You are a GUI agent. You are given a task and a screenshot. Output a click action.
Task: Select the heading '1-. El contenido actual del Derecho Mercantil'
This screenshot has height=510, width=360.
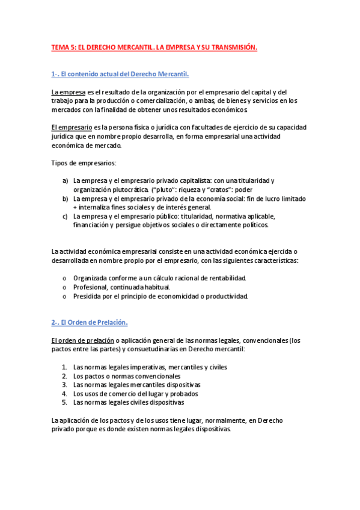point(120,74)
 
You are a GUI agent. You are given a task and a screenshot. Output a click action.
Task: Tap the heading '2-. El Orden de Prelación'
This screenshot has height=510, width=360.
point(90,322)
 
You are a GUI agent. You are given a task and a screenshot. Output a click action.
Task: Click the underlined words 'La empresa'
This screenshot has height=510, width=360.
point(68,92)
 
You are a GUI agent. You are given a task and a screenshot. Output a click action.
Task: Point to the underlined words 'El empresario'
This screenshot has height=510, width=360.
point(72,127)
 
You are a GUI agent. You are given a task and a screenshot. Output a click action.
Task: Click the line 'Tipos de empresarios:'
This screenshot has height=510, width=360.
point(84,163)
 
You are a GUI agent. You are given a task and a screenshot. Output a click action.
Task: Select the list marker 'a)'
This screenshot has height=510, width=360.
point(65,180)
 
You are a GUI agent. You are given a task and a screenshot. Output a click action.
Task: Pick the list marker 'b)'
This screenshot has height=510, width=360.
point(65,198)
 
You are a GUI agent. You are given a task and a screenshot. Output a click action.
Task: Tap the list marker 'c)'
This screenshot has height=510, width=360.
point(65,217)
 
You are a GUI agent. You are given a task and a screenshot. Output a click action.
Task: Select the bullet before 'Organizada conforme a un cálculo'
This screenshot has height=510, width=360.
point(65,278)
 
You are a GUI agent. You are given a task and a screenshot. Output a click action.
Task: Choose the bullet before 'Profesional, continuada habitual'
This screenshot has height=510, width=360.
point(65,287)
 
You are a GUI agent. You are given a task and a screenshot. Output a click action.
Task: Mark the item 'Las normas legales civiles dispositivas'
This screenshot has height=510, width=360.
point(129,402)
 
